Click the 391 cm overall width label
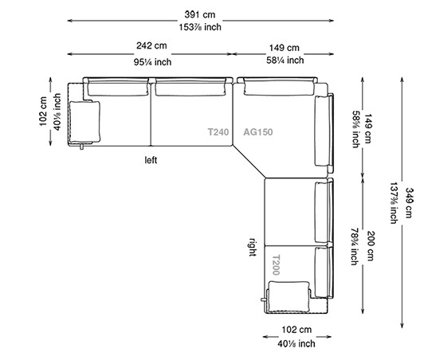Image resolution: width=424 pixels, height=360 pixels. click(201, 15)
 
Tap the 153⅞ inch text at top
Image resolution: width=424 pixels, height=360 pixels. click(201, 27)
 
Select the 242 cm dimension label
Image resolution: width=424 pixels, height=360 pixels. click(151, 47)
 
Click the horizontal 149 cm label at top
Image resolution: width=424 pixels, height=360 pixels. click(284, 47)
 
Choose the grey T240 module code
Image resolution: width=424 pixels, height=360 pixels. click(218, 133)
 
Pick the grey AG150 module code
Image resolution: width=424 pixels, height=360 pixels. click(258, 133)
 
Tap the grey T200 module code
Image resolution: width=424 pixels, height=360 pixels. click(276, 264)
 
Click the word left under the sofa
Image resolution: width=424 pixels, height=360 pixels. click(151, 159)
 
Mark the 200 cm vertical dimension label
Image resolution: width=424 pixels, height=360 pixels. click(369, 236)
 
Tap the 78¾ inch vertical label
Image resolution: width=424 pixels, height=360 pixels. click(355, 236)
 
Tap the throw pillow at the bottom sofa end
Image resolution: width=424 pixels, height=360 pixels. click(289, 296)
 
